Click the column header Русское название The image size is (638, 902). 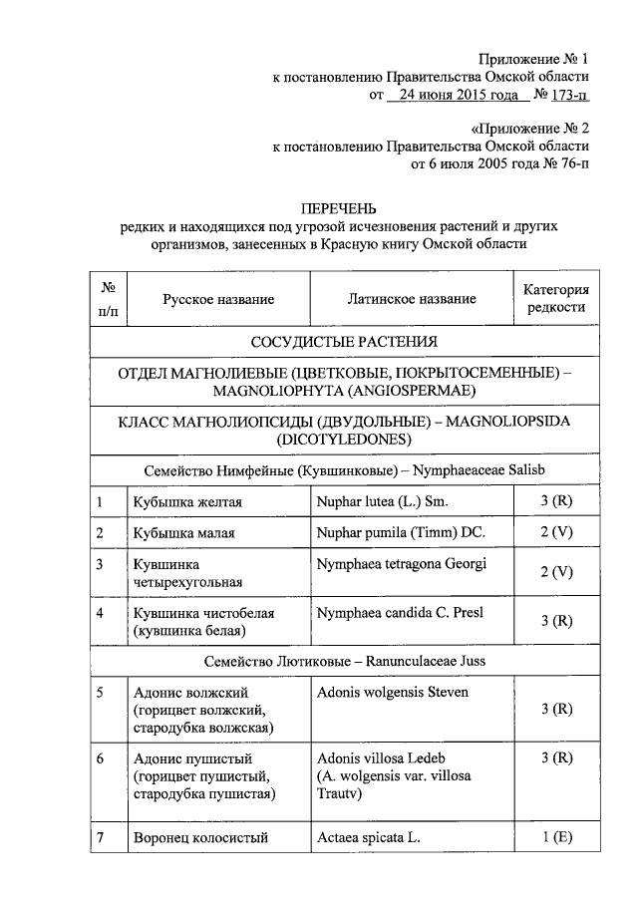[218, 299]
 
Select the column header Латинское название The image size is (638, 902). [412, 299]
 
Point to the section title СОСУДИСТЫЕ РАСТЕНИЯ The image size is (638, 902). [344, 343]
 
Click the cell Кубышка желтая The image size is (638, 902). [188, 501]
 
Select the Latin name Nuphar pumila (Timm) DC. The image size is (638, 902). [400, 532]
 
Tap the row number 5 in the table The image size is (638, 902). [101, 692]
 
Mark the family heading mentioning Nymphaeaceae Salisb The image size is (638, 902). [344, 468]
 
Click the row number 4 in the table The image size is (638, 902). [101, 612]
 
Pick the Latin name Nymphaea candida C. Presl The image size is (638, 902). [398, 612]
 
